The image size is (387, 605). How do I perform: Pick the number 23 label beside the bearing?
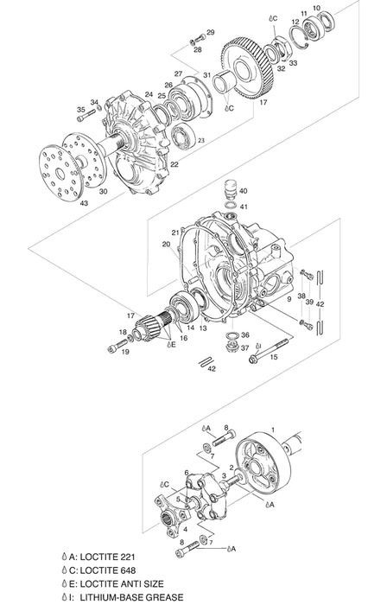201,139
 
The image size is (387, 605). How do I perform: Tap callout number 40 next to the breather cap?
243,190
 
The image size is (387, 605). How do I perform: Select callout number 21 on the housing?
174,233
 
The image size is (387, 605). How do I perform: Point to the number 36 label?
245,334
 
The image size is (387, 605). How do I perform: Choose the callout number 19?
125,352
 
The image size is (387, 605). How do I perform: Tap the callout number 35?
81,109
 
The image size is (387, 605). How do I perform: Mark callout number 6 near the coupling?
186,472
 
